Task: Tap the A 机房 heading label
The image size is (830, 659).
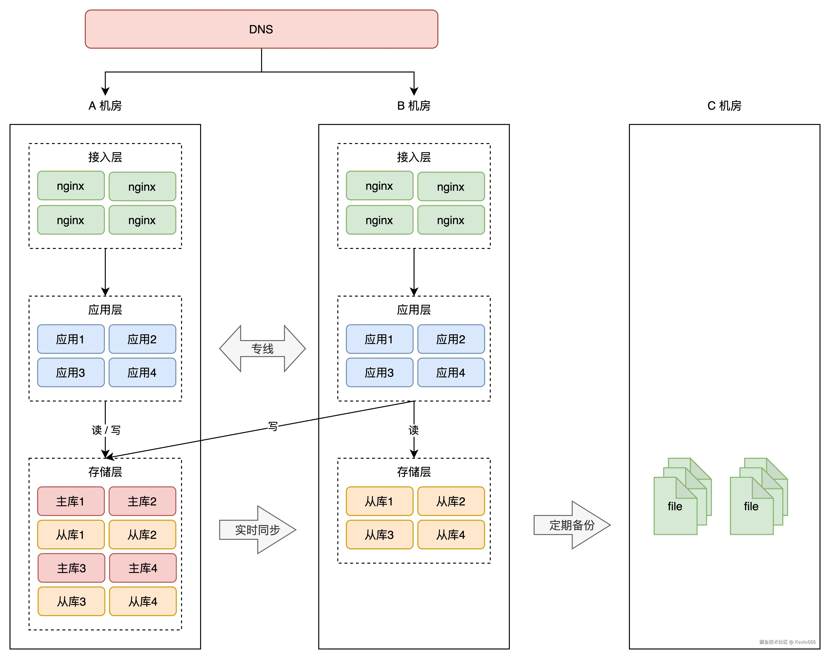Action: pos(105,106)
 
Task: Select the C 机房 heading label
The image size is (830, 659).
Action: pos(724,106)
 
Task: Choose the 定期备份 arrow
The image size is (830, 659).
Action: pos(572,525)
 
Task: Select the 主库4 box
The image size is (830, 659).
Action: pos(143,568)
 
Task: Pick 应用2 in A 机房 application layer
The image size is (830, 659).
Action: pos(142,339)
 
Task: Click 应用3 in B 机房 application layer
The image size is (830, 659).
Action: pos(379,373)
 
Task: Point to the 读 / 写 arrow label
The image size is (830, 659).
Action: pos(106,430)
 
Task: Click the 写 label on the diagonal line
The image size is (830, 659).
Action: pos(273,426)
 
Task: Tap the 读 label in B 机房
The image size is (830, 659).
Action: pos(414,430)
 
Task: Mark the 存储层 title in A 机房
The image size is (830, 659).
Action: pos(105,472)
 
